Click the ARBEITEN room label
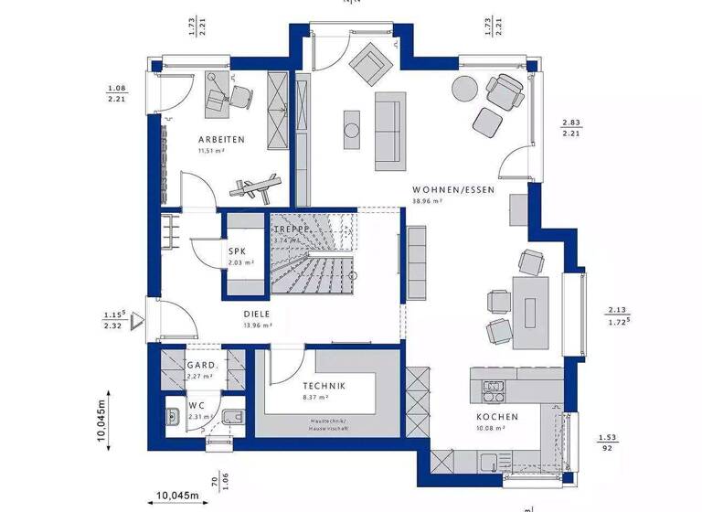tap(220, 140)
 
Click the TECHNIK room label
tap(324, 387)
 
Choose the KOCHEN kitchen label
tap(496, 417)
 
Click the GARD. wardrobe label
tap(200, 363)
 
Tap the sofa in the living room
tap(388, 131)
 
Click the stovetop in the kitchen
tap(494, 391)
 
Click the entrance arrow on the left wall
tap(137, 320)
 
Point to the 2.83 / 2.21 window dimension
tap(571, 128)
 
